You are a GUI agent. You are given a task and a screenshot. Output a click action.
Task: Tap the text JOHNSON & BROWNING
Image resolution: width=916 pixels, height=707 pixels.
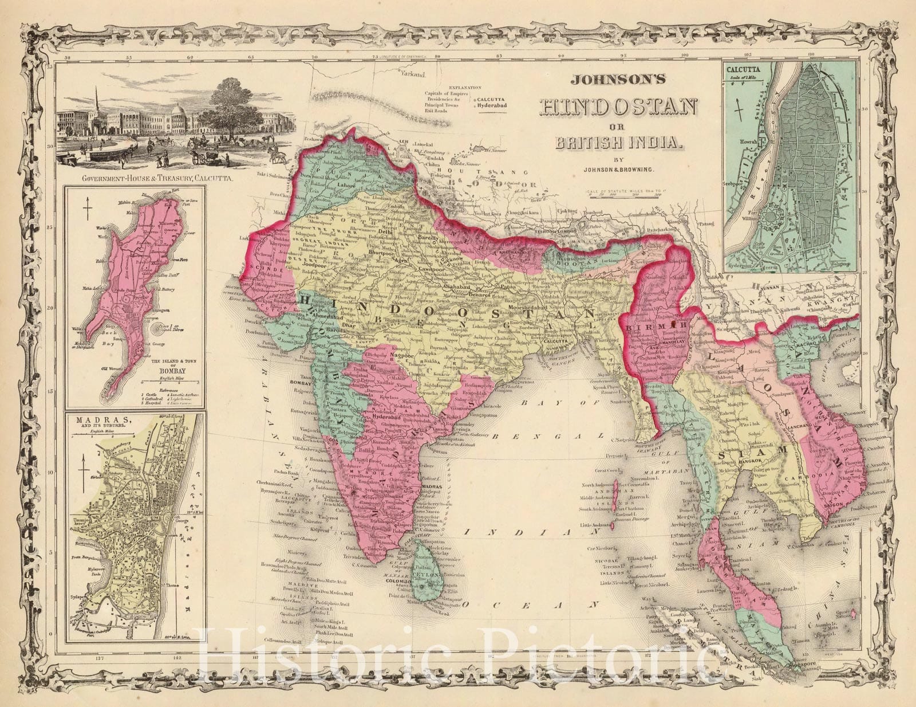[618, 168]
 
